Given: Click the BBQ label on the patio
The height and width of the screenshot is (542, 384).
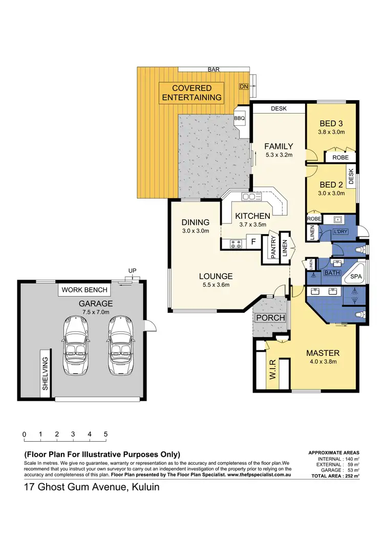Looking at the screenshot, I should click(x=240, y=119).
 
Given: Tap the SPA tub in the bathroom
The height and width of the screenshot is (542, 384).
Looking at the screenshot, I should click(x=355, y=277).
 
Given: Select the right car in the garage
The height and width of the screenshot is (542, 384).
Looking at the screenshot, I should click(x=121, y=345).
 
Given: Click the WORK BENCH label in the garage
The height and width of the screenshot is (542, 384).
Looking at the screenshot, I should click(x=84, y=290).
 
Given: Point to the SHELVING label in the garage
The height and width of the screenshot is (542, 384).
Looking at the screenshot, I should click(x=45, y=374).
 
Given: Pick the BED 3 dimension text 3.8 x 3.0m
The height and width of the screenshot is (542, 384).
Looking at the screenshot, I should click(x=332, y=132).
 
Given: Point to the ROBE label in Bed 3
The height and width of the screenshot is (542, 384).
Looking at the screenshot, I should click(x=340, y=157).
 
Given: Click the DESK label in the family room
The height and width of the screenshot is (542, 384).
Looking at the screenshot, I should click(x=279, y=109).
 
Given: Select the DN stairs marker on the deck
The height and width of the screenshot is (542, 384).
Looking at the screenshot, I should click(x=244, y=87).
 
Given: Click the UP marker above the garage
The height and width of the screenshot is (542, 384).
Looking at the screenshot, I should click(x=132, y=272).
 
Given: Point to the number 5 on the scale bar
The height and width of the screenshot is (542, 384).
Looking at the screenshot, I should click(x=105, y=435).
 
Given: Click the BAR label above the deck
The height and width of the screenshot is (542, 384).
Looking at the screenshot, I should click(x=214, y=69).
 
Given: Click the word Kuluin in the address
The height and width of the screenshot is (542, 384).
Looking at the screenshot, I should click(x=143, y=487).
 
